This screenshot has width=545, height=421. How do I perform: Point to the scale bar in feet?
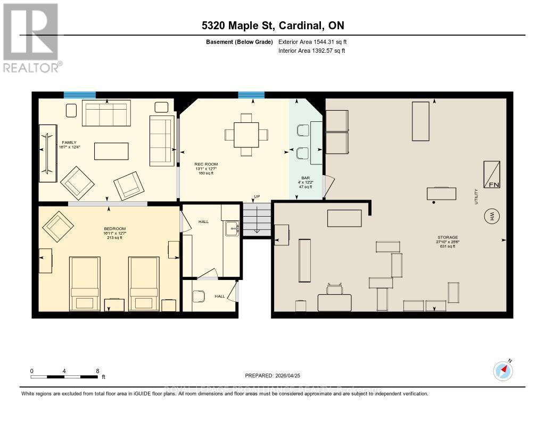tap(64, 377)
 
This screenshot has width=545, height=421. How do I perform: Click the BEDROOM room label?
tap(114, 233)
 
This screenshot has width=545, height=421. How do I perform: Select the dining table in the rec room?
tap(245, 135)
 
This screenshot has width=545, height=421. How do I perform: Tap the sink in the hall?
tap(231, 229)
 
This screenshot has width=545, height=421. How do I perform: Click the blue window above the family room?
tap(80, 95)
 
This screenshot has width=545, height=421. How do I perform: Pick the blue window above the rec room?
tap(251, 95)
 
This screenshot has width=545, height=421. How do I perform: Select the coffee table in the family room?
tap(111, 151)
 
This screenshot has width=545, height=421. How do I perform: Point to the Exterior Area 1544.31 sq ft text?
tap(312, 42)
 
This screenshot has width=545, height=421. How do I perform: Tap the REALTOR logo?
tap(32, 37)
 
